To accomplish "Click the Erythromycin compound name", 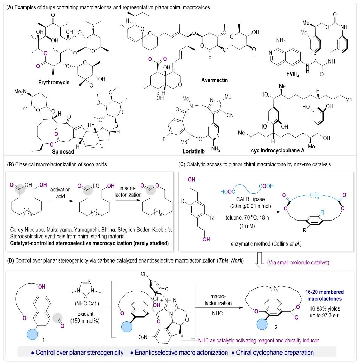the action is coord(54,82).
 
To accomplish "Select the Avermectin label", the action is coord(215,80).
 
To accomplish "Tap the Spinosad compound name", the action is coord(63,151).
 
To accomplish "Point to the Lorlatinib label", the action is coord(194,151).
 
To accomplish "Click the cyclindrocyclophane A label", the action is coord(278,151).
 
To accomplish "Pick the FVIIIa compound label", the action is coord(293,74).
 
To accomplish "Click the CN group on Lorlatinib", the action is coord(230,115).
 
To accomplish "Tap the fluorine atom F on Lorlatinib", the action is coord(164,139).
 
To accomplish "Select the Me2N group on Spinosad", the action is coord(20,92).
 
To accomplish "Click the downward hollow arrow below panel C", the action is coord(259,260).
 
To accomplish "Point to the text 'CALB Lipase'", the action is coord(251,199).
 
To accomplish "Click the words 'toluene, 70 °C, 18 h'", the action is coord(247,217).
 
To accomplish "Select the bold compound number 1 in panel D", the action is coord(44,340).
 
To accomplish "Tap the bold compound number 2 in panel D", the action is coord(276,327).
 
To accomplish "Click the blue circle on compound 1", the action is coord(33,335).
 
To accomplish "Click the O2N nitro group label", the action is coord(143,337).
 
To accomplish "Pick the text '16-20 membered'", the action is coord(325,292).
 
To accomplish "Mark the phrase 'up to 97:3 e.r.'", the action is coord(325,315).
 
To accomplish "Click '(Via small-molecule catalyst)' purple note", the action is coord(298,262).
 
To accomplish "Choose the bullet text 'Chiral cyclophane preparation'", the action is coord(275,353).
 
